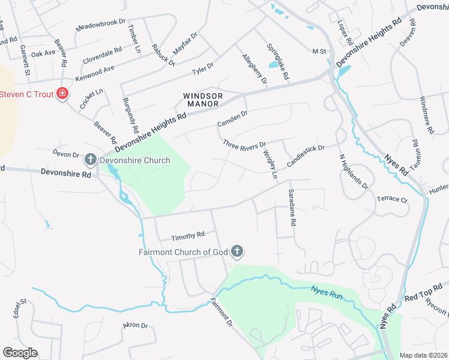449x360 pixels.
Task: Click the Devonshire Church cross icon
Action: pyautogui.click(x=90, y=160)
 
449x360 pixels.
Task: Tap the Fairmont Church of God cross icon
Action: pyautogui.click(x=237, y=251)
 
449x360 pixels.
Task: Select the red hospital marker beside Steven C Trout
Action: pyautogui.click(x=62, y=94)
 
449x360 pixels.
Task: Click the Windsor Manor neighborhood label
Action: pyautogui.click(x=203, y=100)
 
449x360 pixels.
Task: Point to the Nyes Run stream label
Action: pyautogui.click(x=327, y=292)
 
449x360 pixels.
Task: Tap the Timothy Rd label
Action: pyautogui.click(x=188, y=235)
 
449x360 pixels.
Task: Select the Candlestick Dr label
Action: pyautogui.click(x=305, y=155)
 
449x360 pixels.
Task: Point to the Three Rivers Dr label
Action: pyautogui.click(x=244, y=145)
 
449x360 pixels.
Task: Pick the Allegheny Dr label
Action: pyautogui.click(x=254, y=68)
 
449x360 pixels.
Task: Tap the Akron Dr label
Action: pyautogui.click(x=135, y=325)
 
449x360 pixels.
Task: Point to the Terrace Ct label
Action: pyautogui.click(x=392, y=199)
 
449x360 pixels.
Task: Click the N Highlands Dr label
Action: pyautogui.click(x=354, y=172)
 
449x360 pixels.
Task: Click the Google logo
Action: pyautogui.click(x=20, y=352)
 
